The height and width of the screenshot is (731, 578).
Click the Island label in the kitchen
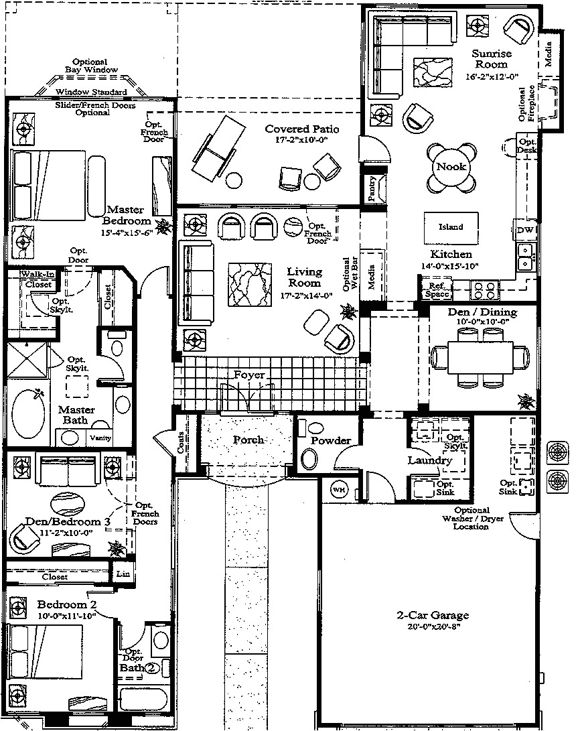click(450, 227)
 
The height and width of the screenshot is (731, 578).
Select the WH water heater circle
click(339, 489)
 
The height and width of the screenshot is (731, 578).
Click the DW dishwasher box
click(524, 230)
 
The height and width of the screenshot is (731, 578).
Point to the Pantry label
click(373, 189)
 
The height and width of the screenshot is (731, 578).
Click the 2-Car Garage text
click(433, 616)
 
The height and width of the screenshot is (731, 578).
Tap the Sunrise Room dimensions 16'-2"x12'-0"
click(492, 76)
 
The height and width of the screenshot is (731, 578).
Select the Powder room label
click(331, 440)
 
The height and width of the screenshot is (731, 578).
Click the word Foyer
click(249, 375)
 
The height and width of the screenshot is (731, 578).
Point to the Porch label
click(248, 440)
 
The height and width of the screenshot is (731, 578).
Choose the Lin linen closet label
click(123, 574)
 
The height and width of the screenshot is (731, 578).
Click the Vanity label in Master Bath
click(100, 438)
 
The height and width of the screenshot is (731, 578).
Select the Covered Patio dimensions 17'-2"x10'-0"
click(301, 141)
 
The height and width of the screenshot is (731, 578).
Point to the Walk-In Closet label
click(38, 279)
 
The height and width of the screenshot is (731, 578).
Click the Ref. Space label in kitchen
click(437, 289)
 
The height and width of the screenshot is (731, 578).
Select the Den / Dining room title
click(482, 312)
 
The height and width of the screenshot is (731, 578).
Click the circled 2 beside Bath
click(152, 668)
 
